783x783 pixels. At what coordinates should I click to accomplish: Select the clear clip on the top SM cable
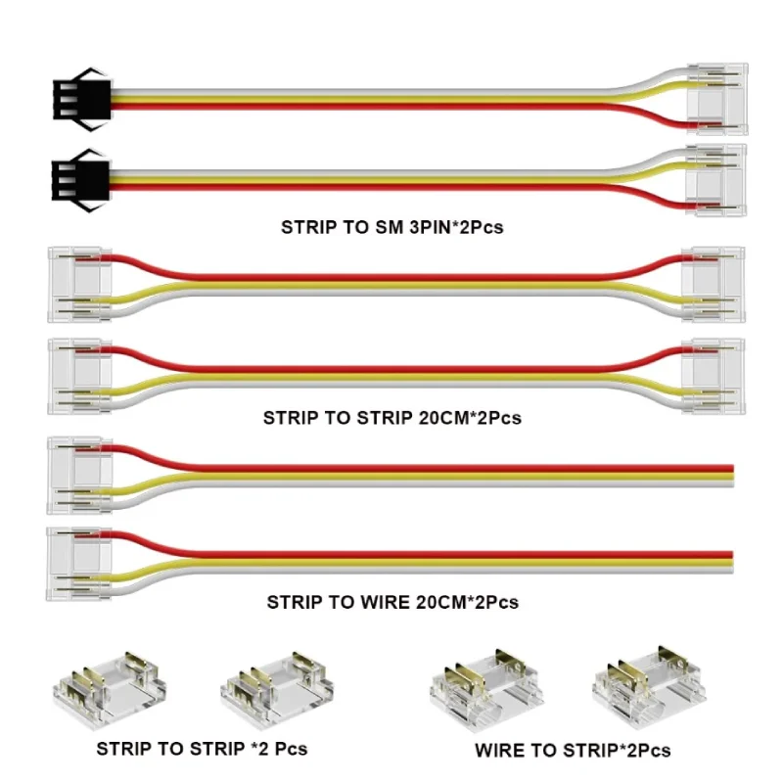pyautogui.click(x=714, y=100)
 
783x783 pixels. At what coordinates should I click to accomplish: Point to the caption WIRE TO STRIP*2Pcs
pyautogui.click(x=573, y=752)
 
